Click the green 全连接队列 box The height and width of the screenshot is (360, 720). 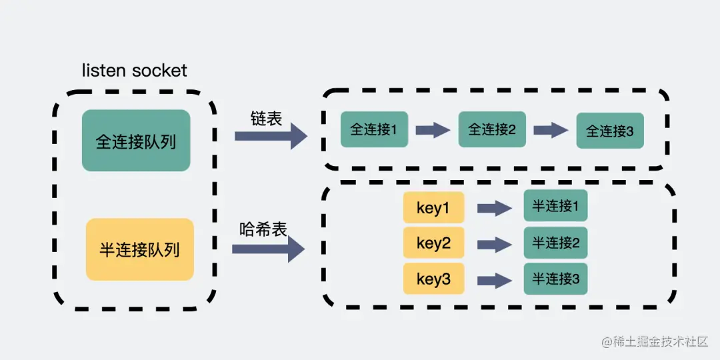click(136, 141)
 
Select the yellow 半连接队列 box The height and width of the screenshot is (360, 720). click(140, 249)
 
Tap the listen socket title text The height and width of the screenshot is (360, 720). click(134, 71)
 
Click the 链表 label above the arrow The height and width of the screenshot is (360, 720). click(267, 118)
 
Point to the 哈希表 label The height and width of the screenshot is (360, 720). click(263, 229)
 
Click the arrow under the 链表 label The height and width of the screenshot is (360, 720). click(270, 136)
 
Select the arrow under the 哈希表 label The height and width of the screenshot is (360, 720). click(268, 249)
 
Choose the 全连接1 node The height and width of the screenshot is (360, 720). click(374, 129)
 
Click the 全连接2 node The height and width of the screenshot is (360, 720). click(492, 129)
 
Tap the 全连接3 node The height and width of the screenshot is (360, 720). click(610, 131)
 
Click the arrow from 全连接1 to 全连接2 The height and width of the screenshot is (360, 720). click(433, 130)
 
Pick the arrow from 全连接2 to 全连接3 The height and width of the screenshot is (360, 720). click(551, 130)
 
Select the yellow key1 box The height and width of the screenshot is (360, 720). click(433, 208)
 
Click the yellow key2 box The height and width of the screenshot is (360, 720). click(433, 243)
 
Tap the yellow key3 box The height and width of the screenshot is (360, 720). click(433, 279)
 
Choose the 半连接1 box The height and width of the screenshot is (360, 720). click(555, 207)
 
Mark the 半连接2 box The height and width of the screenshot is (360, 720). click(555, 243)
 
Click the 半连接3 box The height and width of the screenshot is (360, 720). click(555, 279)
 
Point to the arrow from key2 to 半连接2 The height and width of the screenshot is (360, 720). click(494, 244)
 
